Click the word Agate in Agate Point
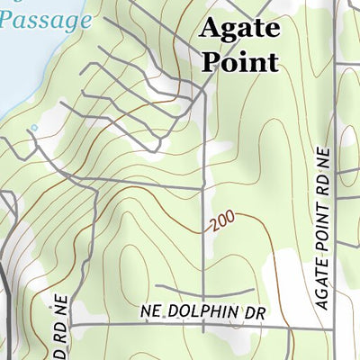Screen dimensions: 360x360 pyautogui.click(x=238, y=30)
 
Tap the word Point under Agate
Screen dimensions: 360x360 pyautogui.click(x=239, y=61)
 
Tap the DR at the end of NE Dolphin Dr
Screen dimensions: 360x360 pyautogui.click(x=257, y=311)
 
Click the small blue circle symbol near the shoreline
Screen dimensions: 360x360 pyautogui.click(x=34, y=129)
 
